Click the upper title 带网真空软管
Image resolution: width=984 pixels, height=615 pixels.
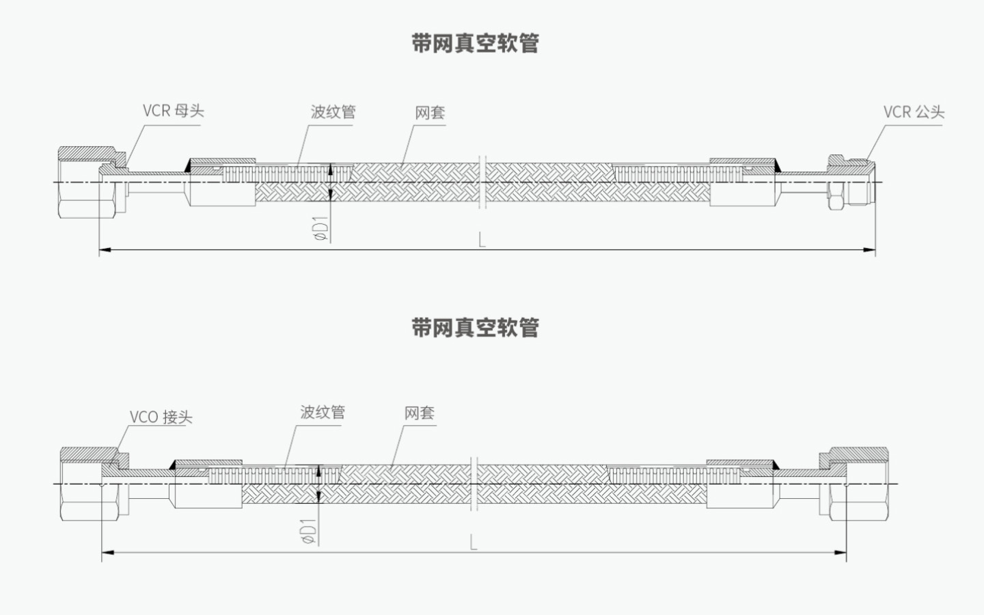coord(476,43)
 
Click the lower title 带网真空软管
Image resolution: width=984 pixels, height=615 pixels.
coord(476,327)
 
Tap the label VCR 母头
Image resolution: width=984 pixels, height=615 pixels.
coord(173,111)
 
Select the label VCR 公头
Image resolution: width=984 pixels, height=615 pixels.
coord(914,112)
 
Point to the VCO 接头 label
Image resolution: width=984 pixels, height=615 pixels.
coord(161,417)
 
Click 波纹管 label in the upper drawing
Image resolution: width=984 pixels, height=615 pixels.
coord(333,112)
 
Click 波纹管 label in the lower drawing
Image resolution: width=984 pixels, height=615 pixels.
coord(323,412)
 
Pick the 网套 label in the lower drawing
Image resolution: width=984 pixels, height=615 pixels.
coord(420,413)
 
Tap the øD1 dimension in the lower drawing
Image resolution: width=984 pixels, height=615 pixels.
coord(310,530)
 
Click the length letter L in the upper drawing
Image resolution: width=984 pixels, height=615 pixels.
coord(482,240)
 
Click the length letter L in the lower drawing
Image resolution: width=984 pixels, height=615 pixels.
coord(474,543)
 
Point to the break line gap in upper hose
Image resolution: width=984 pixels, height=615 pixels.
coord(483,182)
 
